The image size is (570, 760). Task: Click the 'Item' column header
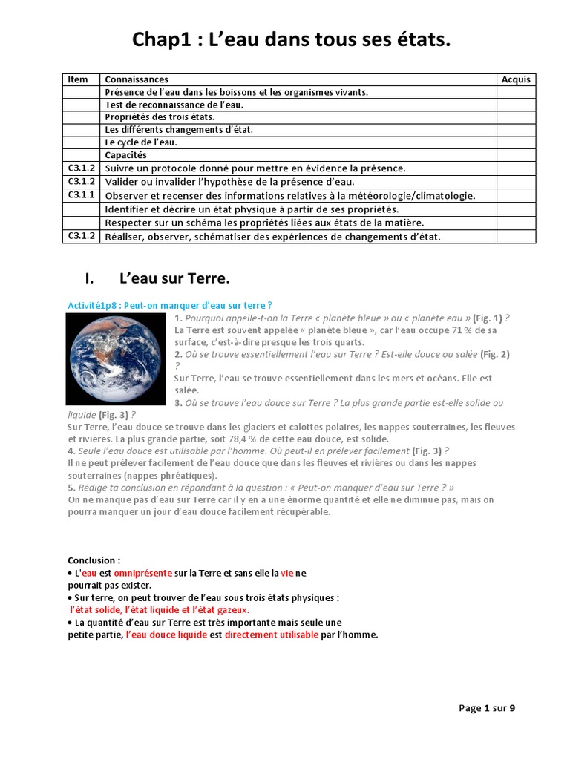(x=78, y=79)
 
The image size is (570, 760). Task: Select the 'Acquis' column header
(x=516, y=79)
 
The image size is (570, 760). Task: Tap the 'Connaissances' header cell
(x=137, y=79)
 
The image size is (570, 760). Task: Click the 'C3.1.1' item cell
(x=82, y=194)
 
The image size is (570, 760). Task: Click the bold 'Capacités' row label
(x=126, y=155)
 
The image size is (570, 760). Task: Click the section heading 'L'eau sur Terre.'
(x=174, y=279)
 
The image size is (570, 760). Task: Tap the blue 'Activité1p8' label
(x=95, y=305)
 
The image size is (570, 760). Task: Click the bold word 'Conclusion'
(x=92, y=560)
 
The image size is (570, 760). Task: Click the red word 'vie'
(x=287, y=573)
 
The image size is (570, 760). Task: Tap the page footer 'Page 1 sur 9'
(x=487, y=708)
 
